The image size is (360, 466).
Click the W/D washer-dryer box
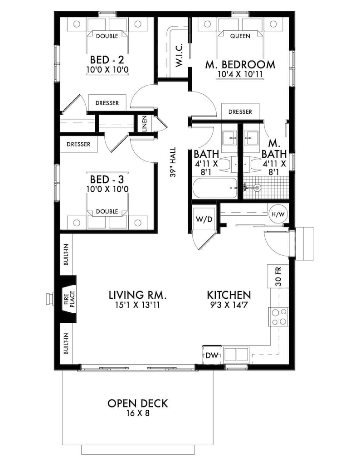tap(204, 219)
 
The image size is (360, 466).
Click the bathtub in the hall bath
tap(215, 188)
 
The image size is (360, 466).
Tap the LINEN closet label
tap(144, 123)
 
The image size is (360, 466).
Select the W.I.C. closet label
tap(178, 56)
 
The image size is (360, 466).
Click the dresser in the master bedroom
tap(240, 112)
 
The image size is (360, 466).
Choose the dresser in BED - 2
tap(107, 103)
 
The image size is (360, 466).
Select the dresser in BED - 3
tap(78, 145)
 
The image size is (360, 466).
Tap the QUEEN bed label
tap(240, 36)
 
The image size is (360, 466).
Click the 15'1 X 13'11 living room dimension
tap(138, 305)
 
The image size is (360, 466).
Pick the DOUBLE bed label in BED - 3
tap(107, 211)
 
